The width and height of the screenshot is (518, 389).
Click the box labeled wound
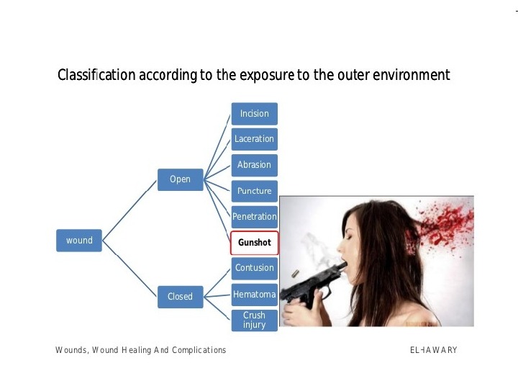coord(79,241)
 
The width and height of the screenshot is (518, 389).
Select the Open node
coord(180,179)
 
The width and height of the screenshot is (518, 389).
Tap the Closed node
coord(180,296)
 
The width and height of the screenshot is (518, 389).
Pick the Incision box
coord(254,114)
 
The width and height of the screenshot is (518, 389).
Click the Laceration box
coord(254,139)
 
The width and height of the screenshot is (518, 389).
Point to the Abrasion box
coord(254,165)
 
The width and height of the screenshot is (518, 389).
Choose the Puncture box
coord(254,191)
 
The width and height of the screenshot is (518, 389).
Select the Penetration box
coord(254,216)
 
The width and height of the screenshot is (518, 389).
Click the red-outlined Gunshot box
coord(254,243)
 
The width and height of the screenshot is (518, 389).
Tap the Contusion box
coord(254,268)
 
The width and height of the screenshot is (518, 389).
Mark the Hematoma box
coord(254,294)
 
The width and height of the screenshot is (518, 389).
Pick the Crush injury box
coord(254,320)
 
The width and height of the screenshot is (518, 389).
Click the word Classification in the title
coord(96,75)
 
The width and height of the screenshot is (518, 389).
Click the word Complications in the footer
coord(199,350)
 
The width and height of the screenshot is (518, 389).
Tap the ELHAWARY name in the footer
coord(433,350)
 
